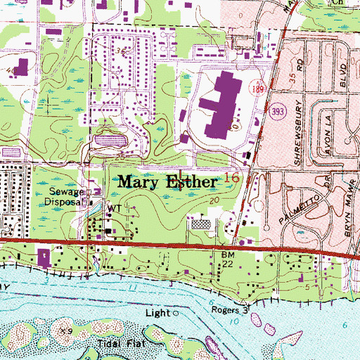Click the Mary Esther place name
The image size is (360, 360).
[x=167, y=181]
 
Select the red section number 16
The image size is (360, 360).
[x=231, y=179]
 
